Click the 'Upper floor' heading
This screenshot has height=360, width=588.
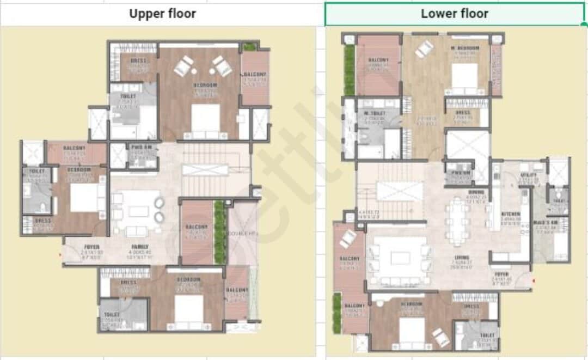(x=162, y=14)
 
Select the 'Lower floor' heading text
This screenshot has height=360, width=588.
(x=454, y=14)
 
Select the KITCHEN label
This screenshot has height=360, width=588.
(x=511, y=214)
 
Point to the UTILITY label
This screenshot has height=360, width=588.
(x=529, y=175)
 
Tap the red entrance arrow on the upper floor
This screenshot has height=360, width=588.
(x=60, y=254)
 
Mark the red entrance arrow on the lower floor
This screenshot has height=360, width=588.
(x=534, y=280)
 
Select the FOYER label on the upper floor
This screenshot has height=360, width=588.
(x=91, y=247)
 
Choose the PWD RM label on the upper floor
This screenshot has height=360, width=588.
(x=137, y=147)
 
